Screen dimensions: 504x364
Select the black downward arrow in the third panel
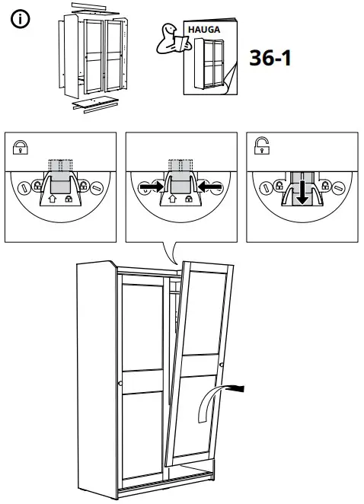pyautogui.click(x=302, y=191)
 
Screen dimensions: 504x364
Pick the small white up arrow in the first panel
pyautogui.click(x=52, y=200)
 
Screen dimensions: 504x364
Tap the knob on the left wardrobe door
pyautogui.click(x=119, y=380)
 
